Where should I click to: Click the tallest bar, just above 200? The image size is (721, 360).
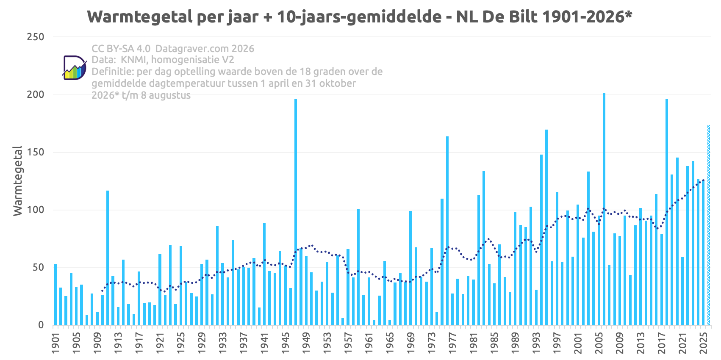pyautogui.click(x=604, y=209)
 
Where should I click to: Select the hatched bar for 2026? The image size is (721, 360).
pyautogui.click(x=708, y=225)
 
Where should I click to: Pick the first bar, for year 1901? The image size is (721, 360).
pyautogui.click(x=55, y=294)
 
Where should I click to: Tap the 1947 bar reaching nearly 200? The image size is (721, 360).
pyautogui.click(x=296, y=212)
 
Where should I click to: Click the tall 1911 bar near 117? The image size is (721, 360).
pyautogui.click(x=108, y=258)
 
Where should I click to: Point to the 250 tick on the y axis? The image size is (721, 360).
pyautogui.click(x=36, y=37)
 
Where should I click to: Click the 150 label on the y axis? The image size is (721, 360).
pyautogui.click(x=36, y=152)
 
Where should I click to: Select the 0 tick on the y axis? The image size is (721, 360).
pyautogui.click(x=41, y=325)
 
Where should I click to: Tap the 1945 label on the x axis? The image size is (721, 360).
pyautogui.click(x=285, y=343)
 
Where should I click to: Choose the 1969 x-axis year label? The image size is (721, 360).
pyautogui.click(x=411, y=343)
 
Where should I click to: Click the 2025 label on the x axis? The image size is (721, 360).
pyautogui.click(x=703, y=343)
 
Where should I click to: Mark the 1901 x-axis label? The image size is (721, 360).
pyautogui.click(x=55, y=343)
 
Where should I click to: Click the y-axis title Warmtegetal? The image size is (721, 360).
pyautogui.click(x=18, y=181)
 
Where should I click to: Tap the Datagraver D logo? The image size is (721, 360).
pyautogui.click(x=75, y=68)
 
